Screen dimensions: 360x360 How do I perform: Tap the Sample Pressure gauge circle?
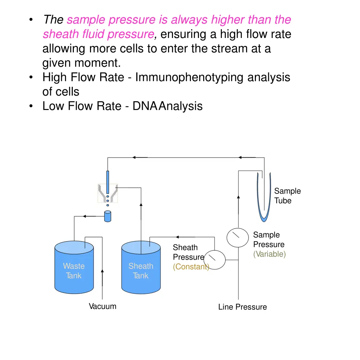point(237,238)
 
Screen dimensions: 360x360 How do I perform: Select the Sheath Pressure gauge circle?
point(215,260)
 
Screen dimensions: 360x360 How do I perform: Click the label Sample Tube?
point(287,196)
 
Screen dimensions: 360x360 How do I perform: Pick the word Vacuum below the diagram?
point(102,306)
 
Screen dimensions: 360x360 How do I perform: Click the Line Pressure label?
point(242,307)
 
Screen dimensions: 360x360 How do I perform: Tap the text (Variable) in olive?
point(269,254)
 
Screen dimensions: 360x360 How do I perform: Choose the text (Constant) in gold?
point(191,267)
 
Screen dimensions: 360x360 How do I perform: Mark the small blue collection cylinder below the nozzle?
point(108,216)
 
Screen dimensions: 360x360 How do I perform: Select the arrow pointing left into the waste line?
point(84,217)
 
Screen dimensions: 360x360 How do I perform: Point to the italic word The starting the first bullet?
point(53,20)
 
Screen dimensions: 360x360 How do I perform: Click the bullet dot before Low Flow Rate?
point(32,106)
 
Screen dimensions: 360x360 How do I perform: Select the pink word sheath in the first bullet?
point(57,34)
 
